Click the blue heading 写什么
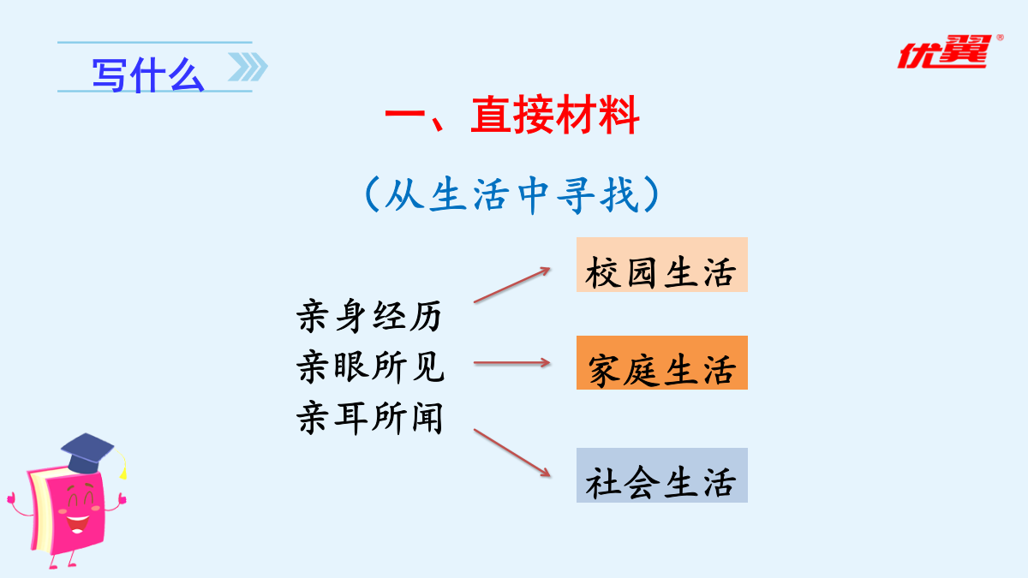point(147,75)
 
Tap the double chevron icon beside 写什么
point(248,67)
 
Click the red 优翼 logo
point(946,52)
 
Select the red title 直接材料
point(555,115)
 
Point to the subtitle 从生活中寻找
point(512,195)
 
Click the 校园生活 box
point(661,265)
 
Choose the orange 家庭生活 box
point(661,363)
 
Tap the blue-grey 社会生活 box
point(661,475)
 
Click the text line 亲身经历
point(369,316)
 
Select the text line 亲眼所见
point(370,366)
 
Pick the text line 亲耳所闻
point(369,418)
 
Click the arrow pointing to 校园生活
point(512,285)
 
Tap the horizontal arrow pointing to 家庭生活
point(512,363)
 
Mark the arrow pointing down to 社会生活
point(512,453)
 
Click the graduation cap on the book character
point(87,453)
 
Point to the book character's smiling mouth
point(77,524)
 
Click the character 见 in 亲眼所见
point(428,366)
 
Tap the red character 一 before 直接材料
point(404,114)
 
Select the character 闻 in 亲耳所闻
point(427,418)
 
